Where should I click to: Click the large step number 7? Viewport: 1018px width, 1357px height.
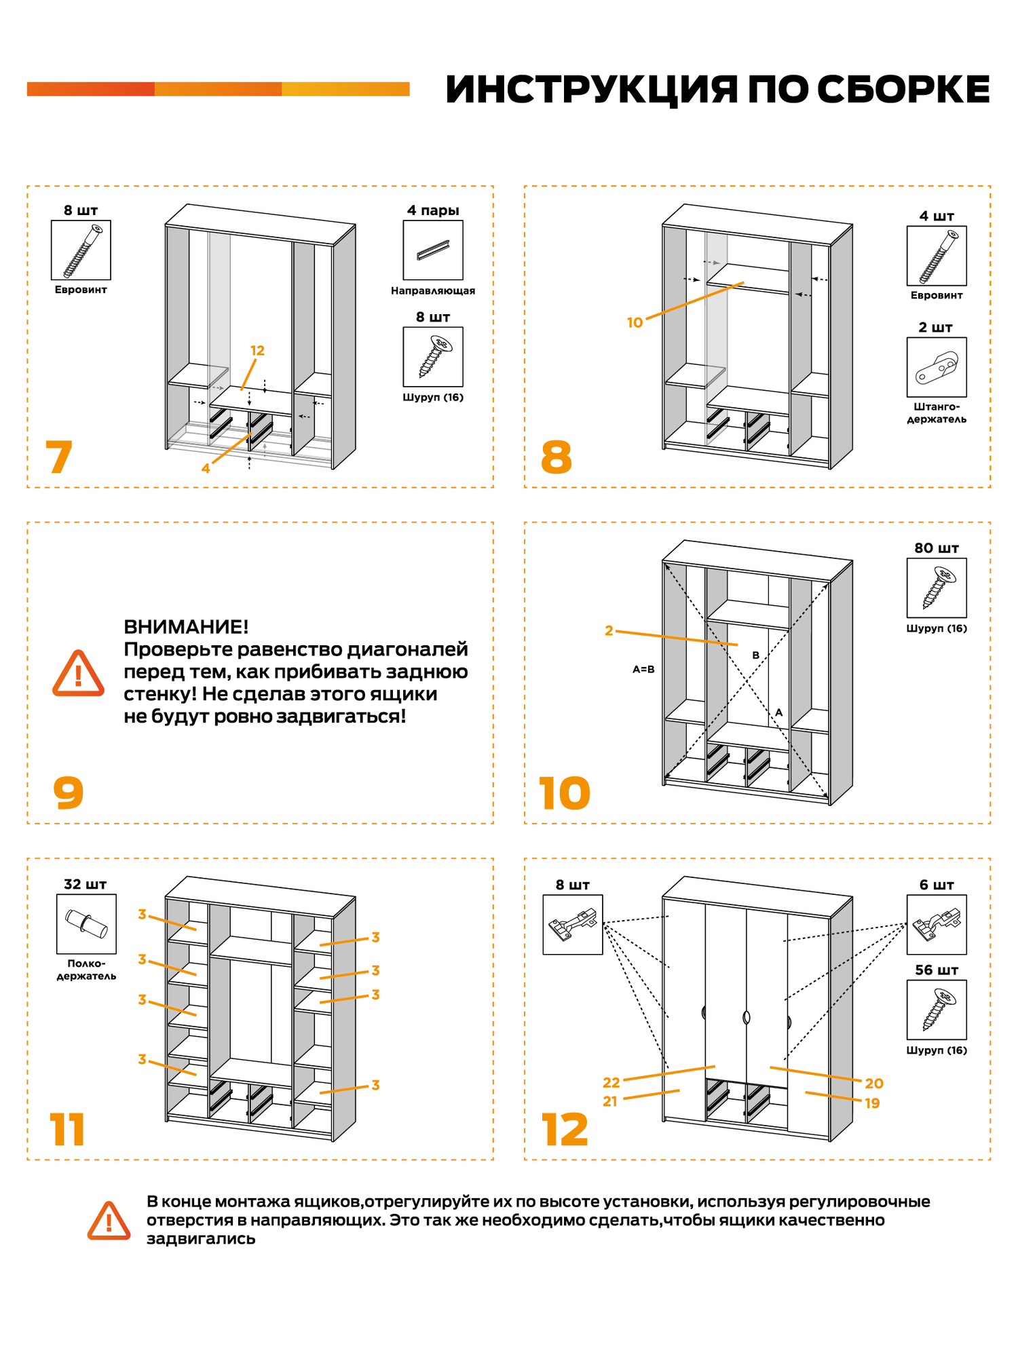pyautogui.click(x=59, y=457)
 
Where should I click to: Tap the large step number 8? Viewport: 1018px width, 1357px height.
pyautogui.click(x=557, y=457)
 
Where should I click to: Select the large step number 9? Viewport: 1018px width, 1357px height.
pyautogui.click(x=69, y=792)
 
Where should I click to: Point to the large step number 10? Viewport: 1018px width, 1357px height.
pyautogui.click(x=565, y=793)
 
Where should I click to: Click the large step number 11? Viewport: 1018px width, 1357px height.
pyautogui.click(x=67, y=1130)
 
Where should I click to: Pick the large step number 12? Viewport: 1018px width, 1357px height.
pyautogui.click(x=565, y=1130)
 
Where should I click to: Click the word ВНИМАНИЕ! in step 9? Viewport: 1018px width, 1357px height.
pyautogui.click(x=186, y=626)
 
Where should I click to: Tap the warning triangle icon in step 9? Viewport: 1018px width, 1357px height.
pyautogui.click(x=79, y=674)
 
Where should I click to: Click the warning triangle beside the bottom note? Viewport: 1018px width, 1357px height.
pyautogui.click(x=109, y=1221)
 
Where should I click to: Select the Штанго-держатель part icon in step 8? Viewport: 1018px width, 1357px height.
pyautogui.click(x=937, y=367)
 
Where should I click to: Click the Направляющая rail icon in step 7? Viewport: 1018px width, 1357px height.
pyautogui.click(x=433, y=250)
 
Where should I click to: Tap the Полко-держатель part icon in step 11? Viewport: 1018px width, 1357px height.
pyautogui.click(x=86, y=923)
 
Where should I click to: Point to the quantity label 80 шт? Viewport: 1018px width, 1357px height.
pyautogui.click(x=937, y=548)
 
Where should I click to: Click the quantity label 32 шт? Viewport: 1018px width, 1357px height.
pyautogui.click(x=86, y=884)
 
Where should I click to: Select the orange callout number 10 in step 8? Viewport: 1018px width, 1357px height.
pyautogui.click(x=635, y=323)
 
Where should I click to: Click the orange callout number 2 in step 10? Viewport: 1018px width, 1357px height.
pyautogui.click(x=609, y=630)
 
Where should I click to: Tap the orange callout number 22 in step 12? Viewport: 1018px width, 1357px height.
pyautogui.click(x=611, y=1082)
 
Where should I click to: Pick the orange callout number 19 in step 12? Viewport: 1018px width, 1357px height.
pyautogui.click(x=872, y=1103)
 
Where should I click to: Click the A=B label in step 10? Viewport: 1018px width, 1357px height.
pyautogui.click(x=643, y=669)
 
